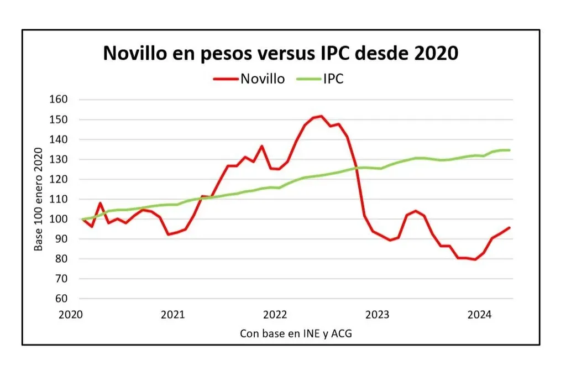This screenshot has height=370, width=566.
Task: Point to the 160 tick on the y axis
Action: (x=59, y=100)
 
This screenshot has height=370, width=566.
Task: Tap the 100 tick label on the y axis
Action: (x=59, y=219)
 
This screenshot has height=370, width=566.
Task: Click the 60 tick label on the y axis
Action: (x=61, y=299)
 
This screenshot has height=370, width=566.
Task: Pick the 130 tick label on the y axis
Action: (x=59, y=159)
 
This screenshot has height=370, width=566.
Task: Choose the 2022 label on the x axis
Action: (x=275, y=315)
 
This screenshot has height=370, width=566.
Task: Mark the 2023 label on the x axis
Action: (x=378, y=315)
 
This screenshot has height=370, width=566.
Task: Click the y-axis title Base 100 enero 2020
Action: (x=38, y=199)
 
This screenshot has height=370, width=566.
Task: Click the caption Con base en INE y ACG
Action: (x=296, y=333)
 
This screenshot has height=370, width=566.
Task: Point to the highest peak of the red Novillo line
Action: (x=321, y=116)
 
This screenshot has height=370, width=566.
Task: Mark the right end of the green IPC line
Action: (x=509, y=150)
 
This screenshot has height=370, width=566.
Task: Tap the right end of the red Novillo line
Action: (x=509, y=227)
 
